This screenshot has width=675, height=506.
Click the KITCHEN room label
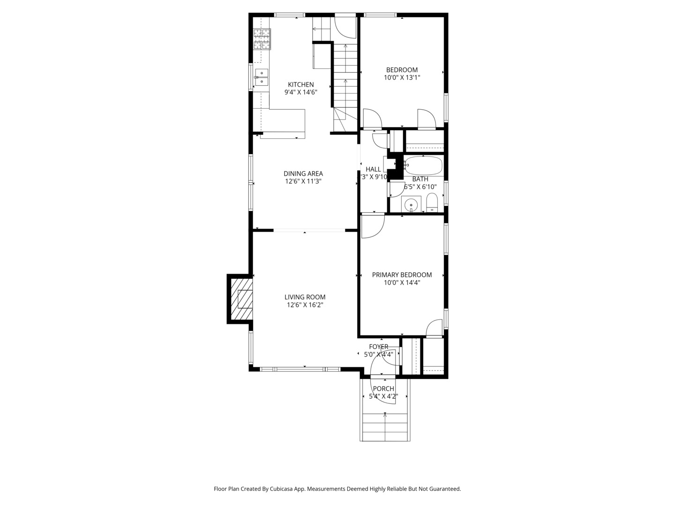coord(300,84)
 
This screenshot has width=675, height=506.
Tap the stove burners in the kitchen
coord(262,39)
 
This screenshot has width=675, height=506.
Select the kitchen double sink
coord(261,78)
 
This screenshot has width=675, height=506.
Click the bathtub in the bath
coord(423,165)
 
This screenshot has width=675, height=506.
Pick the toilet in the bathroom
coord(432,204)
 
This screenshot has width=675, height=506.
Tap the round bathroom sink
coord(411,204)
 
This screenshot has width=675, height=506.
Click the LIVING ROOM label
coord(305,297)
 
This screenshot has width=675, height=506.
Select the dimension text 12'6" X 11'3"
coord(303,181)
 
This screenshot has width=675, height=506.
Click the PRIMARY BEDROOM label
coord(402,275)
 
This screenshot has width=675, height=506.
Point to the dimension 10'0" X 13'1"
coord(402,78)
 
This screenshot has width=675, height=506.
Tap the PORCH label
coord(383,388)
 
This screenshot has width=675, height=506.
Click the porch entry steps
coord(385,426)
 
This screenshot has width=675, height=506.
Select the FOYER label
coord(378,347)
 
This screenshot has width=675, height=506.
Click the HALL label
coord(373,169)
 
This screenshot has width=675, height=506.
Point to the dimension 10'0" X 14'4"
coord(402,283)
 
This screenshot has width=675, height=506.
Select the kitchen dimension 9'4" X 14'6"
coord(300,92)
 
